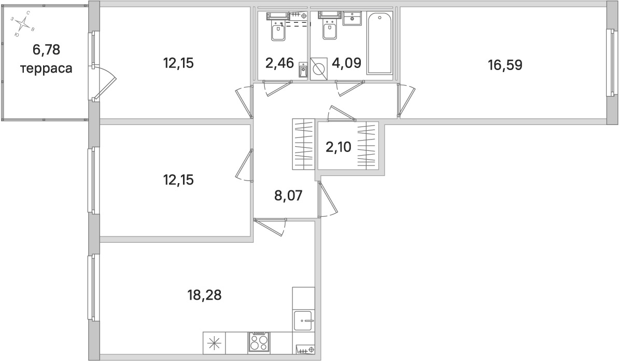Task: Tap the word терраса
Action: pyautogui.click(x=46, y=68)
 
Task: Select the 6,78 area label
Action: pyautogui.click(x=46, y=50)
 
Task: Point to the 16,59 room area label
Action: pyautogui.click(x=504, y=65)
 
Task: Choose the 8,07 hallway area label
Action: pyautogui.click(x=288, y=196)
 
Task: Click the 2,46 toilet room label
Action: pyautogui.click(x=279, y=63)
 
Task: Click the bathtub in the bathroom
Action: pyautogui.click(x=381, y=45)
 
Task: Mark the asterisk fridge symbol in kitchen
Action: pyautogui.click(x=214, y=343)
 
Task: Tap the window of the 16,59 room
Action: pyautogui.click(x=610, y=62)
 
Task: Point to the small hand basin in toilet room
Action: pyautogui.click(x=303, y=70)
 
